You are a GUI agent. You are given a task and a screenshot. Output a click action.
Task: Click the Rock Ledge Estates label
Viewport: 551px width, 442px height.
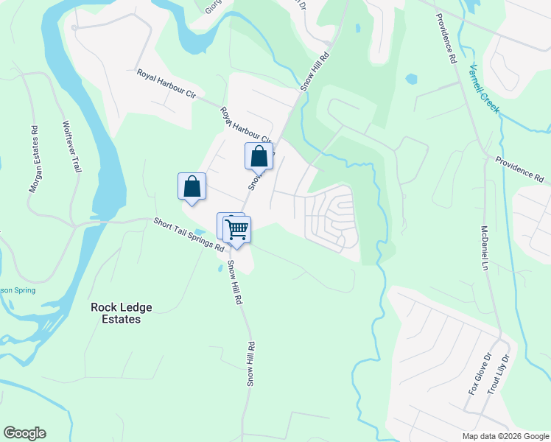click(x=116, y=313)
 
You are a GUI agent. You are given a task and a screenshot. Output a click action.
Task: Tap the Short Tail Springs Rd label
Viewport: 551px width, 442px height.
click(x=189, y=234)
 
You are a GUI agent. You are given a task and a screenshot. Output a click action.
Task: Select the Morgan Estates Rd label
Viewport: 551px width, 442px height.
click(x=33, y=159)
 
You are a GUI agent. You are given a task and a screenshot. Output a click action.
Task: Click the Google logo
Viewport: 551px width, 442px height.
click(x=24, y=433)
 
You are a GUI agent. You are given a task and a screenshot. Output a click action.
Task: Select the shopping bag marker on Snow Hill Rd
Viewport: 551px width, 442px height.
click(x=259, y=156)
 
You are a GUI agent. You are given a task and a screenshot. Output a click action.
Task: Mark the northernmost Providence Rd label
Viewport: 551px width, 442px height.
click(x=447, y=38)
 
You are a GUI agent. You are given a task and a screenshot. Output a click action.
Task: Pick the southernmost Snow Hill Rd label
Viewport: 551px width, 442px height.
click(x=250, y=364)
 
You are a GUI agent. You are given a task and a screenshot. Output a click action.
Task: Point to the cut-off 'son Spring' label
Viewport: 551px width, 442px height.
click(x=18, y=291)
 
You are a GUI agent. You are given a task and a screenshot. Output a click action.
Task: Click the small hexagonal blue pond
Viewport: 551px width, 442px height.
click(x=411, y=78)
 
